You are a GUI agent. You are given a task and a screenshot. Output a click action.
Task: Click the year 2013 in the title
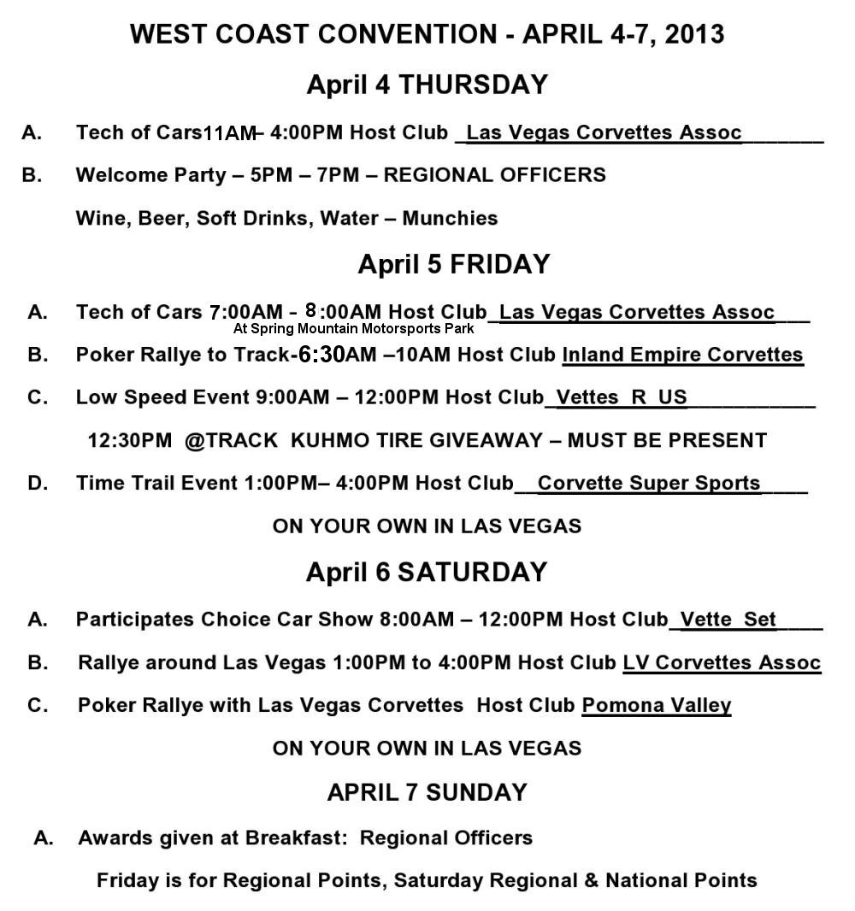693,34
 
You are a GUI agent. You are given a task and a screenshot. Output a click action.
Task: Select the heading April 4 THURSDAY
427,85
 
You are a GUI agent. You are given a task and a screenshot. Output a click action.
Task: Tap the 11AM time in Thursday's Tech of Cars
230,133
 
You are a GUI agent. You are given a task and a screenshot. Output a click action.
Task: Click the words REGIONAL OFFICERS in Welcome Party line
494,175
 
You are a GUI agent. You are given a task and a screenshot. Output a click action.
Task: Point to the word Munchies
450,219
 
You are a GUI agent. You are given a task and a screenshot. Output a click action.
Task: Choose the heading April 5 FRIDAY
453,264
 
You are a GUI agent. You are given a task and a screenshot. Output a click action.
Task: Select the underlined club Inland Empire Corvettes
682,355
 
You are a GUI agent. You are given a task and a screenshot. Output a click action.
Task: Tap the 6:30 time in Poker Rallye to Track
320,355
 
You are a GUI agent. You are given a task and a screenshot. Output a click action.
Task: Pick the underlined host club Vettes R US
622,397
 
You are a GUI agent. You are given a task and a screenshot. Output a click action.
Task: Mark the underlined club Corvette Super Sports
649,483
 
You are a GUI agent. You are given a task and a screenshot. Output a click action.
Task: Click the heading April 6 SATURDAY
426,572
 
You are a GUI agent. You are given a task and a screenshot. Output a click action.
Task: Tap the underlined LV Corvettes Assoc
722,662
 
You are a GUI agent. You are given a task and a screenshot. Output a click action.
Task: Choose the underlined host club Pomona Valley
657,705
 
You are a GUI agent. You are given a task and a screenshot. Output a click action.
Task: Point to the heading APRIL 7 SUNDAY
427,792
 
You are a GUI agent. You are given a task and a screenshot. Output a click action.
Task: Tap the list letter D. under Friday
38,483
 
